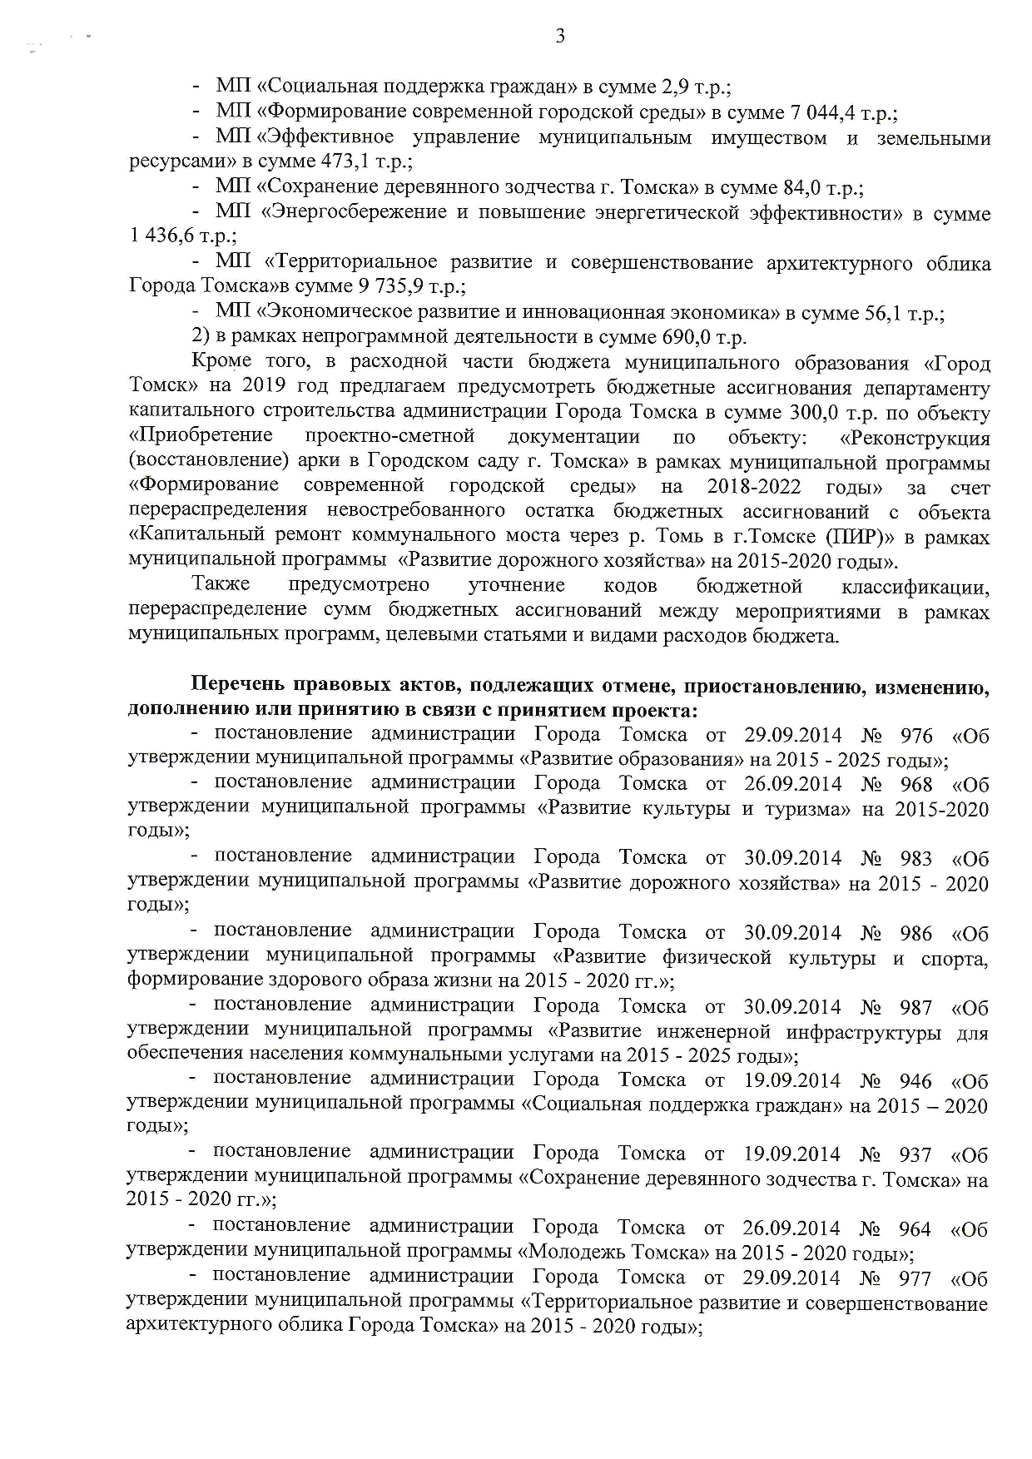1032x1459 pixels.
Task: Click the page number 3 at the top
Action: pos(559,36)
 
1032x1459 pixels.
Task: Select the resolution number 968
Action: pos(916,785)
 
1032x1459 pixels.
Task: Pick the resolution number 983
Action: pos(916,859)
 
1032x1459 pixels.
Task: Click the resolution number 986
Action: pos(916,934)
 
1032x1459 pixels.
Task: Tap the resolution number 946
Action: pos(915,1082)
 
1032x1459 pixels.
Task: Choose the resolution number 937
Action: pos(915,1155)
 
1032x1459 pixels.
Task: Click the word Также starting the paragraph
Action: pos(221,586)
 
